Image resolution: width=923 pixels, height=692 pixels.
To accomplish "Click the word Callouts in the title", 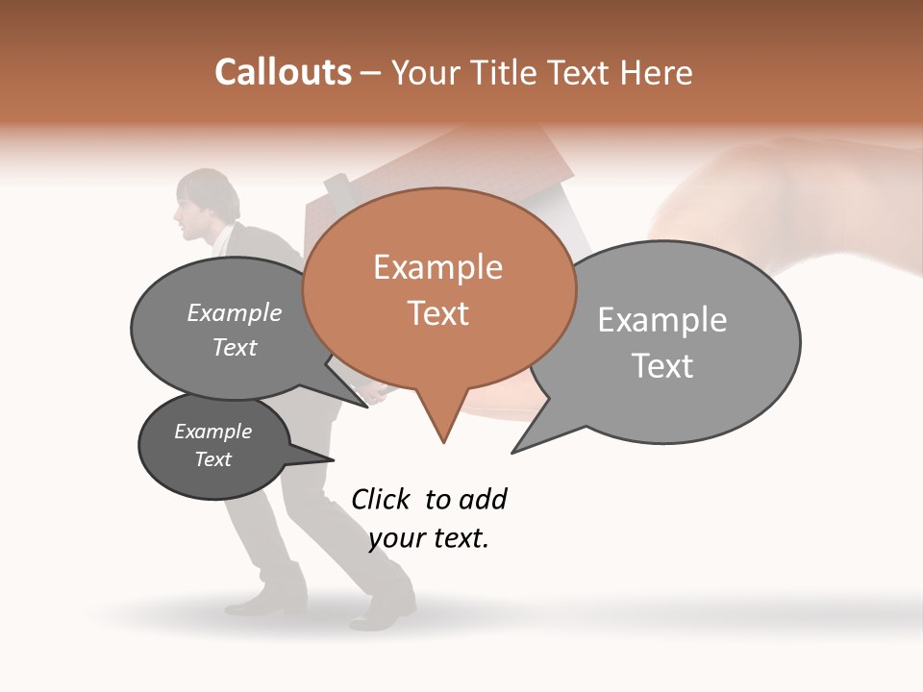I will tap(283, 72).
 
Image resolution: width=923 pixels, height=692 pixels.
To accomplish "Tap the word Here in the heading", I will tap(658, 72).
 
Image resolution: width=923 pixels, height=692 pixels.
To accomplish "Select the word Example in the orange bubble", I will tap(437, 267).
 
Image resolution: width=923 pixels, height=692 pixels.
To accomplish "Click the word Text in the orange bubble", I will tap(437, 313).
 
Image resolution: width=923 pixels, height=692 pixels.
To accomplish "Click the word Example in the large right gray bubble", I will tap(662, 320).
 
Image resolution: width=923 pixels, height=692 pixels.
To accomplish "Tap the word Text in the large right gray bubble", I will tap(662, 366).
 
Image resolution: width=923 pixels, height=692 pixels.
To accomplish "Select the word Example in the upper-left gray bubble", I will tap(234, 313).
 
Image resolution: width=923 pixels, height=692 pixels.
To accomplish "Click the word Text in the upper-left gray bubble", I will tap(234, 348).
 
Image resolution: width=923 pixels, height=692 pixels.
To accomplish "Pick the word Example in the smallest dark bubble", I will tap(212, 432).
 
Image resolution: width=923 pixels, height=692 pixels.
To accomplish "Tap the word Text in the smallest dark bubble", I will tap(212, 459).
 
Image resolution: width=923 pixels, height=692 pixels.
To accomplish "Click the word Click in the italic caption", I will tap(380, 499).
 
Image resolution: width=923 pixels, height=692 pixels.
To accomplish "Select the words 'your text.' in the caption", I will tap(429, 538).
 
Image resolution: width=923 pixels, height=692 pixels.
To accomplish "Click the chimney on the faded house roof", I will tap(337, 185).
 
